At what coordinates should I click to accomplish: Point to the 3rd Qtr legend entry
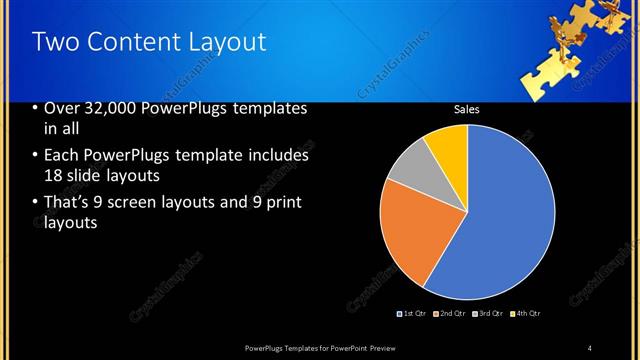486,314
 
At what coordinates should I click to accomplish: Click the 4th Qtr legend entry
524,314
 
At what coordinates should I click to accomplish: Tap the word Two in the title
55,42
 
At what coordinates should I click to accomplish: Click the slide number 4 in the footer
590,347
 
